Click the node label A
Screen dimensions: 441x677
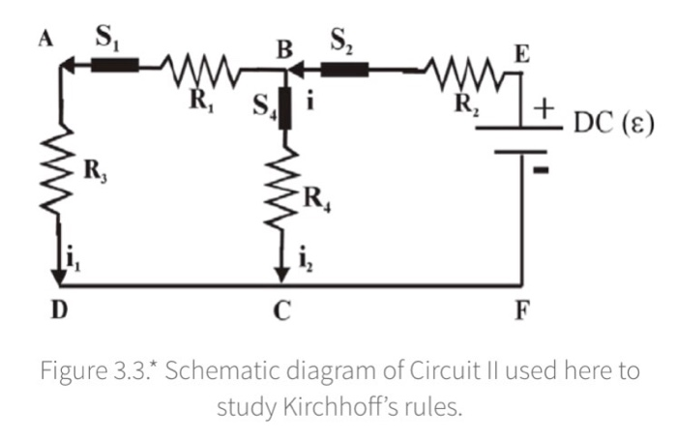(x=44, y=40)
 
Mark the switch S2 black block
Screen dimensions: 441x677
(x=343, y=69)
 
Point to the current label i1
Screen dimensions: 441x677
(x=76, y=258)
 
